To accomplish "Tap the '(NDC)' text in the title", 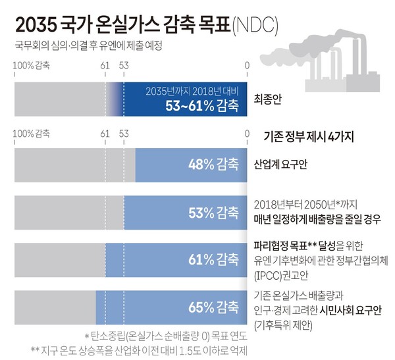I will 255,24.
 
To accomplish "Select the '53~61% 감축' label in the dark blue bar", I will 202,105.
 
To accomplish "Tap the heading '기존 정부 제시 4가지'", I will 308,137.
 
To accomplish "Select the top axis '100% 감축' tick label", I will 31,65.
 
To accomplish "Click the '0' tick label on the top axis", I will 246,65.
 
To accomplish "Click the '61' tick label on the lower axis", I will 105,134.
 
